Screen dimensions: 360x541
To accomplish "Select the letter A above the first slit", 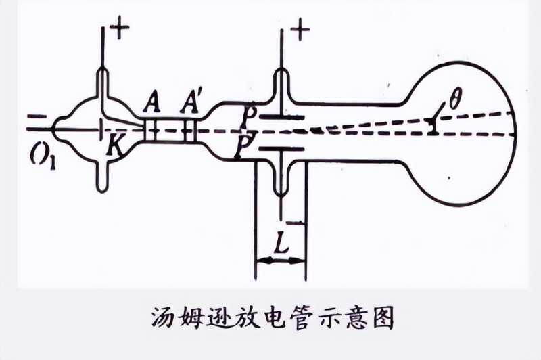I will (151, 106).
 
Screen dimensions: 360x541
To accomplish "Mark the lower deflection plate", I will (280, 148).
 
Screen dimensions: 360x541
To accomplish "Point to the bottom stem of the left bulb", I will (103, 177).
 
